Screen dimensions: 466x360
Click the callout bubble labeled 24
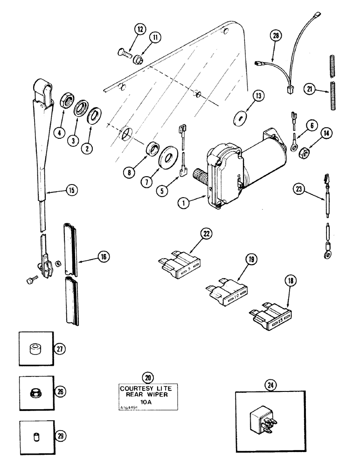pyautogui.click(x=270, y=385)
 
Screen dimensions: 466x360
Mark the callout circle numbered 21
pyautogui.click(x=308, y=89)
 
